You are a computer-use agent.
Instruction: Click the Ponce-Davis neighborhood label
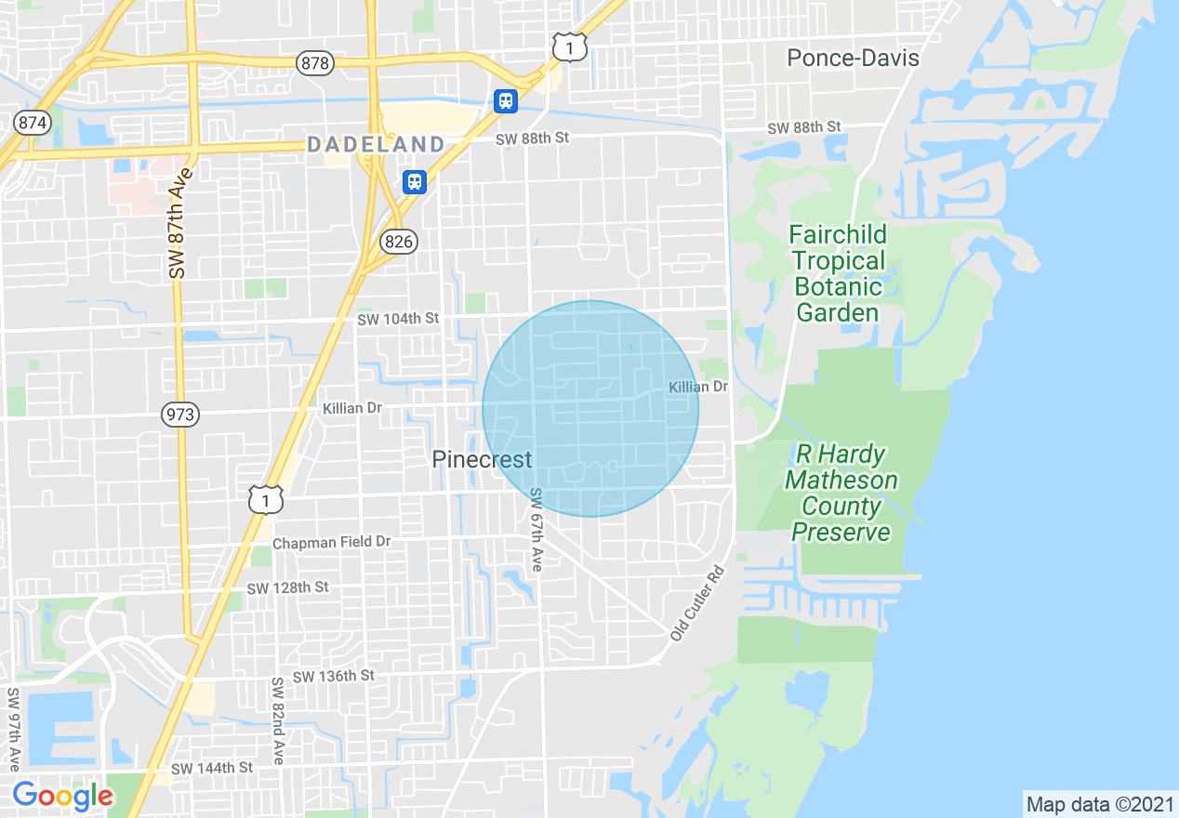coord(853,58)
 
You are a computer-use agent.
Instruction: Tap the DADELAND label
coord(376,144)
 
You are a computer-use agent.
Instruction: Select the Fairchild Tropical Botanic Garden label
coord(838,273)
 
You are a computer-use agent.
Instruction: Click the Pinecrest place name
coord(482,459)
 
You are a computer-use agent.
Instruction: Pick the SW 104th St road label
coord(398,319)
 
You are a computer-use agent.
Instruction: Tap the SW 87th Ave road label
coord(181,223)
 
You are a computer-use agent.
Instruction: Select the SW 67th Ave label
coord(537,530)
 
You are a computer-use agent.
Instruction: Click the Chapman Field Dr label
coord(332,542)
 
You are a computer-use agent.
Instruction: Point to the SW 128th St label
coord(287,587)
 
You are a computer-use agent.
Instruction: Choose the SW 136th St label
coord(333,676)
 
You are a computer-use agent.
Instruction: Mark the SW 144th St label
coord(212,768)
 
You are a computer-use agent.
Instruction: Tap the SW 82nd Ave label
coord(277,720)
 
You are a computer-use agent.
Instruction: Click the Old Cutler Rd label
coord(696,602)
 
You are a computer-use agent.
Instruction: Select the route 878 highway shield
coord(315,62)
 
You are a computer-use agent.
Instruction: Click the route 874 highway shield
coord(32,122)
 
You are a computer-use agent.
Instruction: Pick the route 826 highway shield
coord(398,242)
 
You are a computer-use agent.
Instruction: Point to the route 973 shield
coord(179,414)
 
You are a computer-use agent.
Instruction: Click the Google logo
coord(62,796)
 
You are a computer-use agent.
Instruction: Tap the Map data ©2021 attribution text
coord(1099,804)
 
